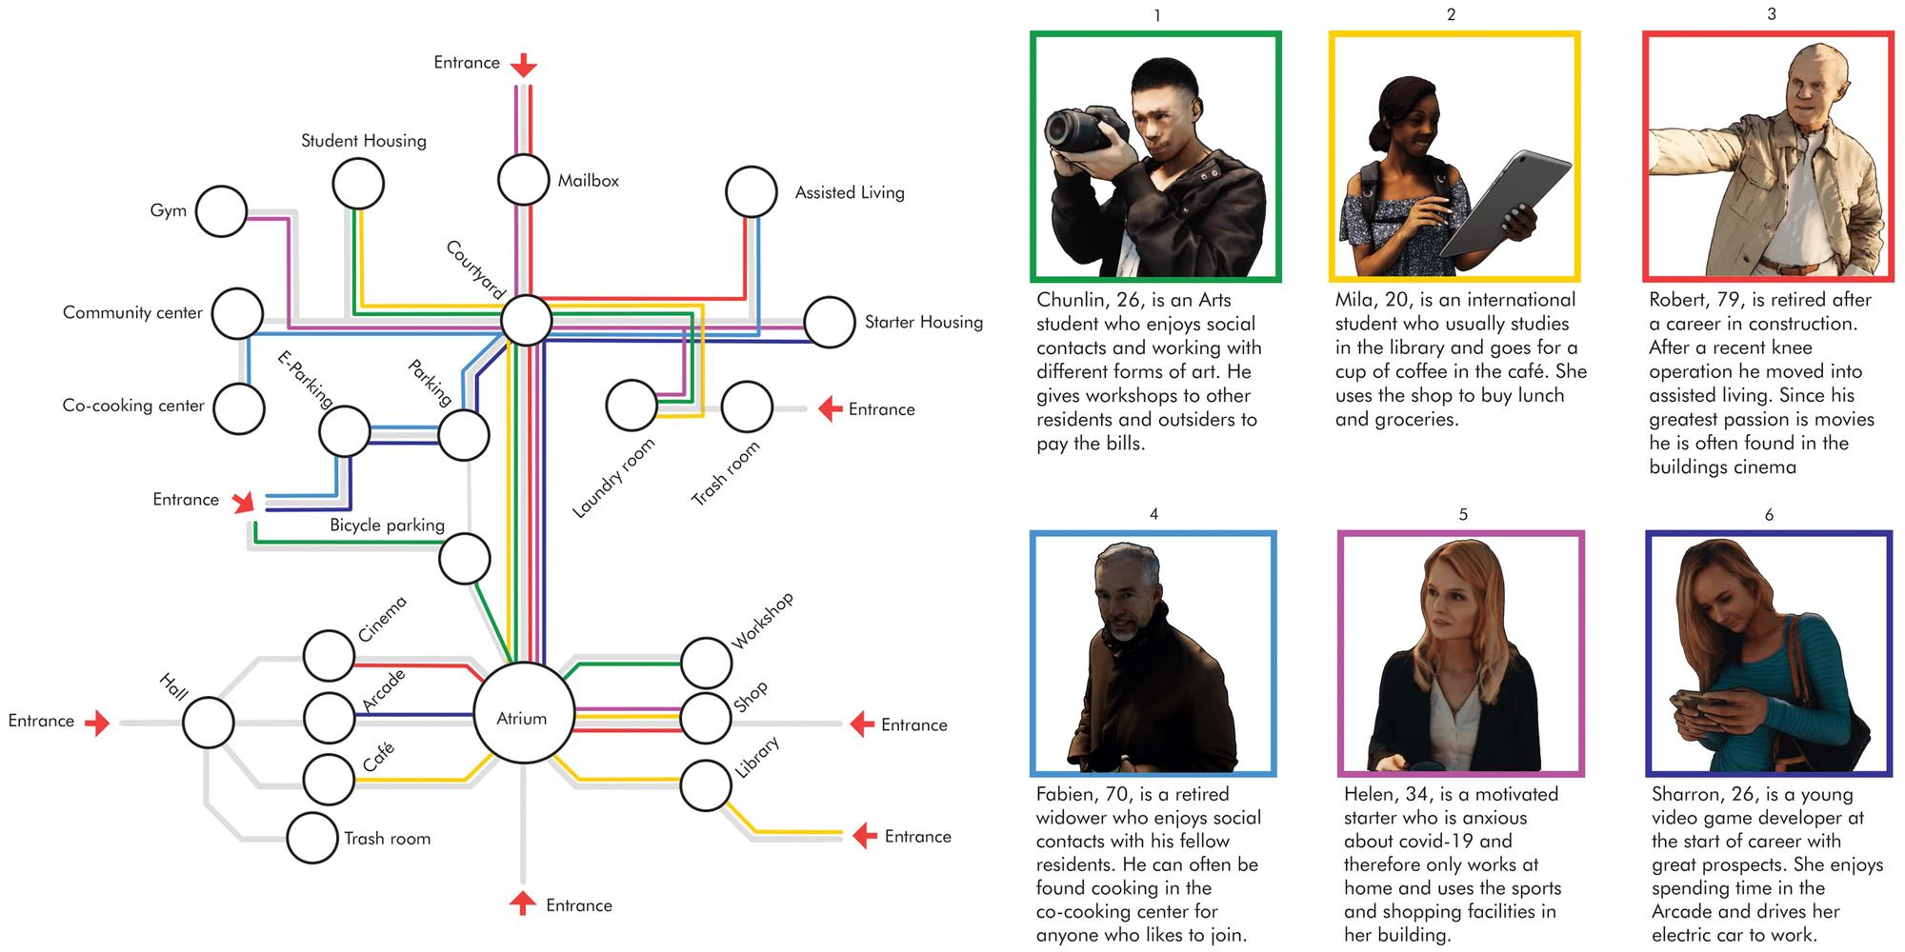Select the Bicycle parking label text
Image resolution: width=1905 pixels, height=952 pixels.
point(387,525)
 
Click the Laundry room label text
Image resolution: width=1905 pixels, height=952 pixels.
point(614,478)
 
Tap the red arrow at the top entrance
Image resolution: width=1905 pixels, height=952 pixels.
point(523,65)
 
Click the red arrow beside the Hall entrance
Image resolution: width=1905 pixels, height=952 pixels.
point(97,724)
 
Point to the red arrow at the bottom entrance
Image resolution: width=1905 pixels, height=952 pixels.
point(523,902)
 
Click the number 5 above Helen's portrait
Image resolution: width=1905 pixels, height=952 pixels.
point(1463,514)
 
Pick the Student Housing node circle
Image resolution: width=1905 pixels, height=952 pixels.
point(358,184)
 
